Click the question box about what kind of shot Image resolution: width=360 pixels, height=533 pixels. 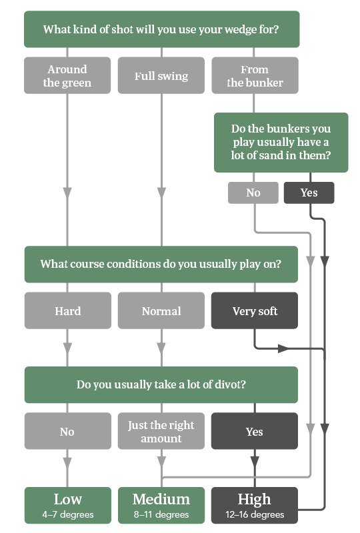[161, 29]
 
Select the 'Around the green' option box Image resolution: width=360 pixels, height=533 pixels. [67, 76]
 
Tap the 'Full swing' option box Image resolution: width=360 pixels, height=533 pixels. [161, 76]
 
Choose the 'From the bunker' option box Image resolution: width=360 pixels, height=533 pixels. [255, 76]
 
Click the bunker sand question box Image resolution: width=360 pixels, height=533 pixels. [281, 143]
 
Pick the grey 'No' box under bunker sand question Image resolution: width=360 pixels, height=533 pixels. [253, 193]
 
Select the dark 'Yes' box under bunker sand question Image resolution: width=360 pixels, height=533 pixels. [309, 193]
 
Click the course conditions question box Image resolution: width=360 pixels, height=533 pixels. [161, 264]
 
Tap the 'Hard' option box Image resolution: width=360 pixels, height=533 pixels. [67, 310]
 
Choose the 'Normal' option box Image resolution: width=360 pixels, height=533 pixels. [161, 310]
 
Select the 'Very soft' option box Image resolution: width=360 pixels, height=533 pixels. [255, 310]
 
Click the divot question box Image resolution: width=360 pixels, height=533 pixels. [161, 384]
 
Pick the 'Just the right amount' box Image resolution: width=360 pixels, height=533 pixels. [161, 432]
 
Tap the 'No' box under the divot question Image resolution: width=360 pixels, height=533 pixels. [67, 432]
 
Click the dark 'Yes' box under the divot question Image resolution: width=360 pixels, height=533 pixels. [255, 432]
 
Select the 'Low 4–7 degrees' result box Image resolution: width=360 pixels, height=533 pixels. [67, 505]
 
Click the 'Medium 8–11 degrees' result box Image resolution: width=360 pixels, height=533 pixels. [161, 505]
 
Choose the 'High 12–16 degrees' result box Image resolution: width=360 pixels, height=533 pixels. [255, 505]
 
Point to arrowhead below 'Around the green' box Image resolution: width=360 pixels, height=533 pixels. [67, 192]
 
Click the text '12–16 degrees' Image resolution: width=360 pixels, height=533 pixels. [255, 514]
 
